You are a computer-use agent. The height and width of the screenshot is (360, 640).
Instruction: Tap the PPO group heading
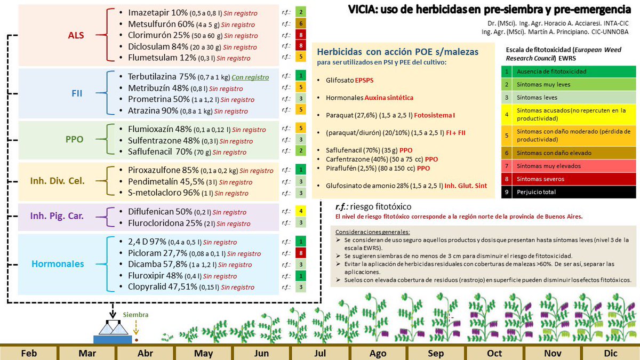74,139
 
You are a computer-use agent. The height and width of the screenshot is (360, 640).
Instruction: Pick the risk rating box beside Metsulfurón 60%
301,23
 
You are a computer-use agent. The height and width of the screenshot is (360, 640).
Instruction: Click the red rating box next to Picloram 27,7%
301,253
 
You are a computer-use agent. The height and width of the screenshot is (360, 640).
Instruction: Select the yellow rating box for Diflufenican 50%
301,212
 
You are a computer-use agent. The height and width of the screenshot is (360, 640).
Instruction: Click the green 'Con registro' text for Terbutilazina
250,77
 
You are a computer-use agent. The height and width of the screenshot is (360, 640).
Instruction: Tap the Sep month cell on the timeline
436,353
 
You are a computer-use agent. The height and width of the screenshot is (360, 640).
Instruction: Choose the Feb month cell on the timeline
29,353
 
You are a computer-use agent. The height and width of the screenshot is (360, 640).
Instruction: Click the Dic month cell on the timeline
610,353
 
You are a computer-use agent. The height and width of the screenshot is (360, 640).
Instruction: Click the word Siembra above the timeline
135,315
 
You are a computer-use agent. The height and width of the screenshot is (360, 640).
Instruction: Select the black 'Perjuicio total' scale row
569,191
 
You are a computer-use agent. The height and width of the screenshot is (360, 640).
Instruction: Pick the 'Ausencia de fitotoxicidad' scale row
569,71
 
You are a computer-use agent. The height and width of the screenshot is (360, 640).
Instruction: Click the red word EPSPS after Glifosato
366,80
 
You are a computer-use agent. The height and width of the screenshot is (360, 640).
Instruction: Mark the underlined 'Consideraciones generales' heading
372,232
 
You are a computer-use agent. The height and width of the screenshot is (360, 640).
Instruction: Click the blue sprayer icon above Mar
113,334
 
